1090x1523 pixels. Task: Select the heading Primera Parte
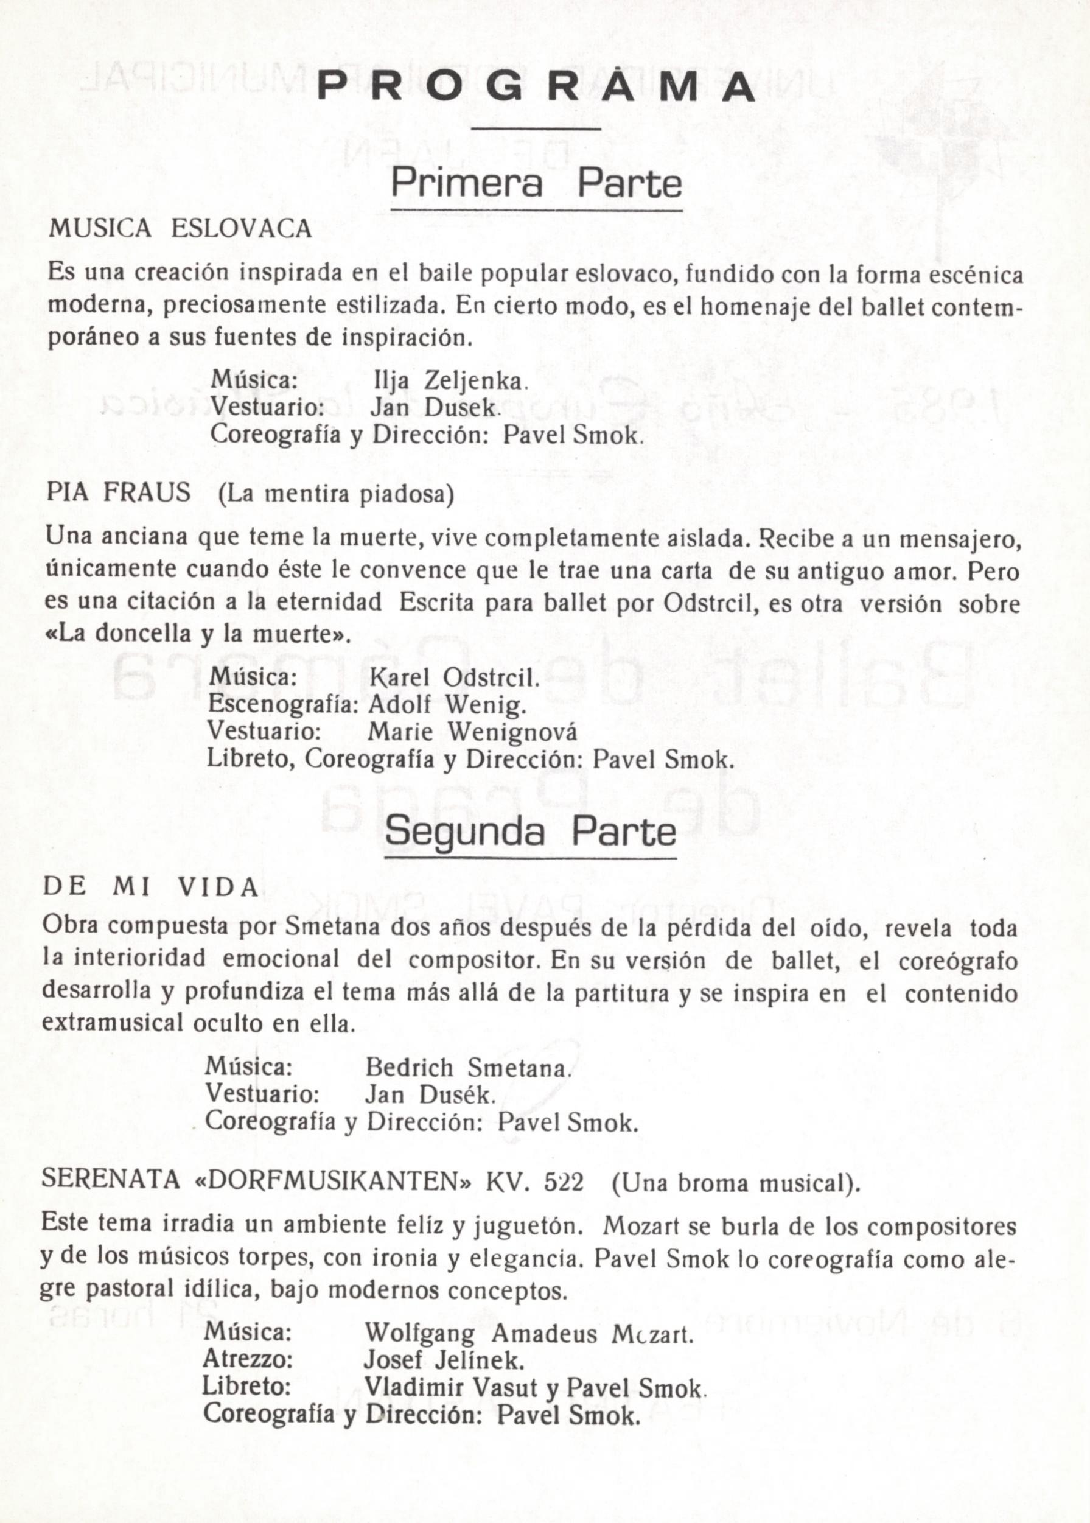pyautogui.click(x=536, y=183)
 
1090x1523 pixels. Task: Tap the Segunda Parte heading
pyautogui.click(x=530, y=832)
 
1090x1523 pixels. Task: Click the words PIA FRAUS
pyautogui.click(x=119, y=494)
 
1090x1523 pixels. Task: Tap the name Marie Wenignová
pyautogui.click(x=472, y=732)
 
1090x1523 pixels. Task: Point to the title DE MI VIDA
pyautogui.click(x=150, y=888)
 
